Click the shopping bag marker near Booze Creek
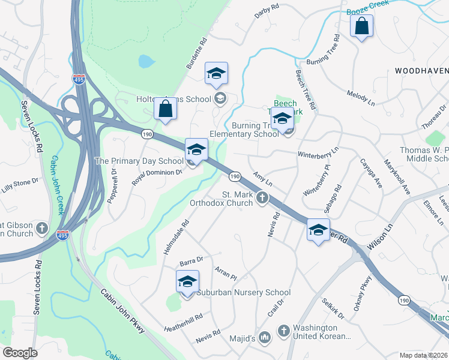tap(362, 26)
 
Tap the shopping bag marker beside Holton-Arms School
tap(165, 109)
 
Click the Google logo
tap(20, 353)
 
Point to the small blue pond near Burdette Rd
tap(145, 61)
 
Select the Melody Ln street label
tap(361, 98)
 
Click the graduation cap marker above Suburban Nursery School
tap(187, 281)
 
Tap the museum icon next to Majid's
tap(265, 338)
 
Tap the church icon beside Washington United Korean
tap(283, 330)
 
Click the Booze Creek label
tap(367, 7)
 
